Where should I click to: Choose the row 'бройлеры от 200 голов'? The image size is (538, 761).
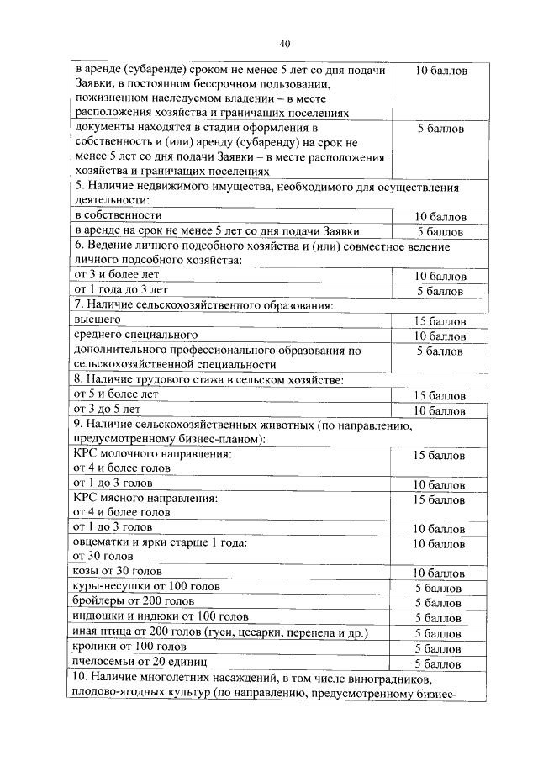click(134, 602)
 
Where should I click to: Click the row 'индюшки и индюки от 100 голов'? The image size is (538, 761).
click(161, 617)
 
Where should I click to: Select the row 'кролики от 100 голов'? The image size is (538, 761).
click(128, 647)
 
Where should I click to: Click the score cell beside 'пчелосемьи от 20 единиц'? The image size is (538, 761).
click(438, 663)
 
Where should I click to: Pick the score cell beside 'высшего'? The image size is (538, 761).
click(438, 321)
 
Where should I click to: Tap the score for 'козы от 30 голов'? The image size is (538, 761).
click(438, 573)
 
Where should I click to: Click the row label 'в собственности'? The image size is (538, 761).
click(118, 215)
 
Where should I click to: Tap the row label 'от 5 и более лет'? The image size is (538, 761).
click(116, 394)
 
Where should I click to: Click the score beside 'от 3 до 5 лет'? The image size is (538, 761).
click(438, 410)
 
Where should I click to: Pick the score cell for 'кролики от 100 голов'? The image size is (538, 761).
click(438, 648)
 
